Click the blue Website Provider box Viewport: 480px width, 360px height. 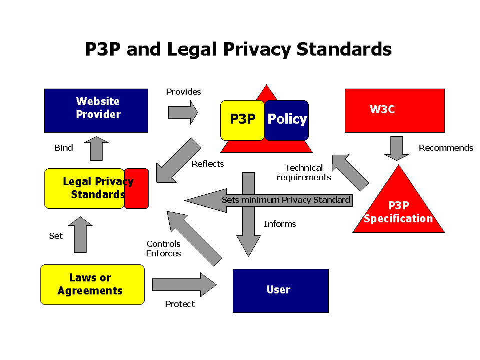pyautogui.click(x=96, y=110)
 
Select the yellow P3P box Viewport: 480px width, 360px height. pyautogui.click(x=242, y=120)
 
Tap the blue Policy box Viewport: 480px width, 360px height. pyautogui.click(x=287, y=120)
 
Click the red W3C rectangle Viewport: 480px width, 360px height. pyautogui.click(x=394, y=110)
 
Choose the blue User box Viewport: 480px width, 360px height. pyautogui.click(x=280, y=290)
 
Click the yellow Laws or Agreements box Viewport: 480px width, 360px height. pyautogui.click(x=92, y=284)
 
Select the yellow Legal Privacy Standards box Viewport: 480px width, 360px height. pyautogui.click(x=84, y=188)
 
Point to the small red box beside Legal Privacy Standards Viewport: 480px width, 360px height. pyautogui.click(x=137, y=188)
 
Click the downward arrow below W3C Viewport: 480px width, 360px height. pyautogui.click(x=396, y=148)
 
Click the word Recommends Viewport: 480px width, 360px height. pyautogui.click(x=445, y=148)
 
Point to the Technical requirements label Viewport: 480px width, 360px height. pyautogui.click(x=304, y=173)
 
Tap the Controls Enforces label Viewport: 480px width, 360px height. pyautogui.click(x=164, y=249)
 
